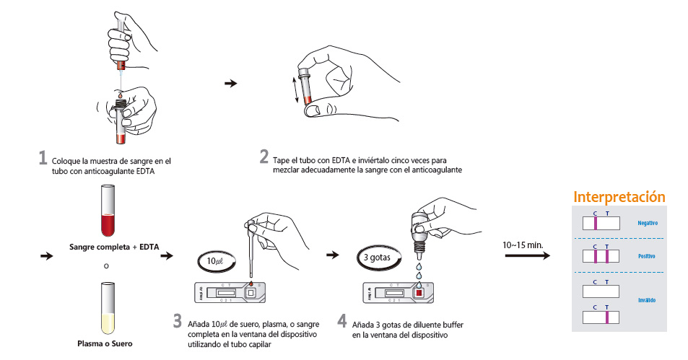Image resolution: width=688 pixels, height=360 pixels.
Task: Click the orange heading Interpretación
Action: (619, 197)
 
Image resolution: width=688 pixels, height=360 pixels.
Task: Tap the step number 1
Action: (43, 159)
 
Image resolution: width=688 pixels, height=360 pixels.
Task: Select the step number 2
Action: (264, 157)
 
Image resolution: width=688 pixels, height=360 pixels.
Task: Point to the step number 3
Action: (178, 321)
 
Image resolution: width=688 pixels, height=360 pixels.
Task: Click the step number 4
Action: (341, 321)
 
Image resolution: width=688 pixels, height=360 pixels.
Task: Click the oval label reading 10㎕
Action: (215, 260)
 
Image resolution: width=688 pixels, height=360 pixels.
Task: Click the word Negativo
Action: (648, 223)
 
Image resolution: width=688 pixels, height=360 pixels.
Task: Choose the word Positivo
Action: (647, 256)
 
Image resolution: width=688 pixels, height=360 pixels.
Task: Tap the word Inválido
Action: (647, 299)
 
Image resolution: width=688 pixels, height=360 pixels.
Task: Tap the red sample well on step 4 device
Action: (418, 294)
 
